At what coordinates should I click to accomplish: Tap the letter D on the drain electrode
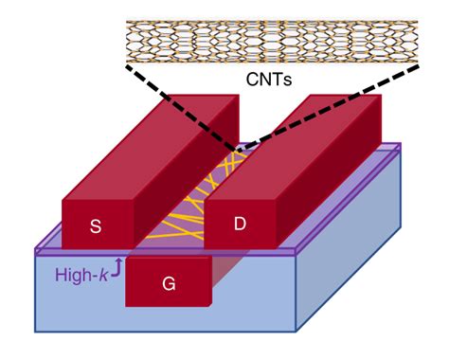point(240,225)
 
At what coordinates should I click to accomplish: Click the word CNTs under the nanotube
point(269,81)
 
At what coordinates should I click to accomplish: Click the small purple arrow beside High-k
point(117,270)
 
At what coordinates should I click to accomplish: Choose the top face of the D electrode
point(294,142)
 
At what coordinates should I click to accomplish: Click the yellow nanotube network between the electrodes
point(185,223)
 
